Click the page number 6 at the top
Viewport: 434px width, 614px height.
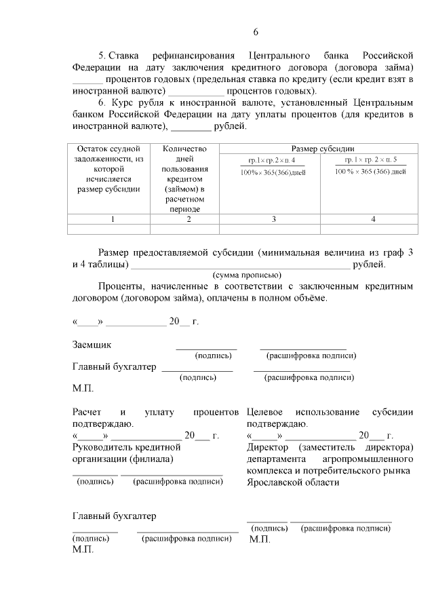pos(256,32)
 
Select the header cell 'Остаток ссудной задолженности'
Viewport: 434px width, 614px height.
pos(108,168)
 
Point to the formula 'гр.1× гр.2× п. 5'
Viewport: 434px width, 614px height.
pos(370,160)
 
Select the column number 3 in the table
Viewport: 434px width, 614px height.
pos(273,219)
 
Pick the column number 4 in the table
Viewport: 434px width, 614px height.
pos(373,219)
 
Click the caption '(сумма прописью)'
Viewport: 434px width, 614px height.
pos(247,275)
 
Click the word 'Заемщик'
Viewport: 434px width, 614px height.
pos(92,345)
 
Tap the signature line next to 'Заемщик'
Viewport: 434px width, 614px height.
pos(206,348)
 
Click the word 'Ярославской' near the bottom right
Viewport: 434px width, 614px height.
pos(277,482)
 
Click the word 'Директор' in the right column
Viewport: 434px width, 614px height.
pos(268,447)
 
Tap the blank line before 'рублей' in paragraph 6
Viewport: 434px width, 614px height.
pos(191,127)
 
